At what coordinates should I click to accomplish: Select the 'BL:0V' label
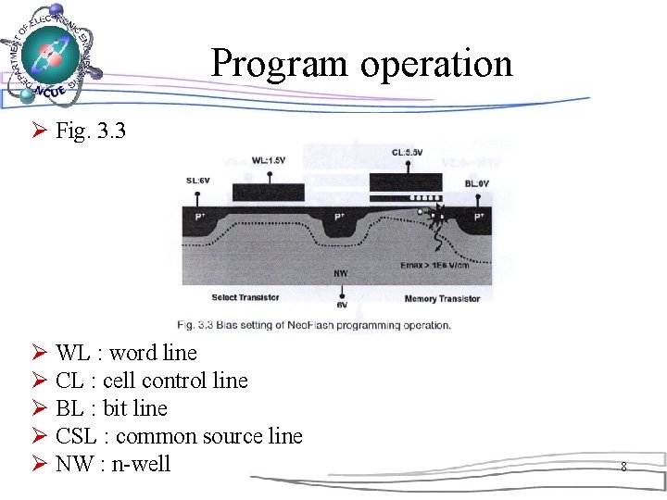pyautogui.click(x=477, y=184)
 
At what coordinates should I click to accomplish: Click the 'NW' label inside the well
pyautogui.click(x=341, y=273)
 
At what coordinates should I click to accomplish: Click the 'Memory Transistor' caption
pyautogui.click(x=442, y=299)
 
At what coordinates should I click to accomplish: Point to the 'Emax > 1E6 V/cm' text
pyautogui.click(x=447, y=264)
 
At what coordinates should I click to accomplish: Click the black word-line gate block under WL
pyautogui.click(x=268, y=193)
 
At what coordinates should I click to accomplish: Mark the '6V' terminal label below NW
pyautogui.click(x=341, y=304)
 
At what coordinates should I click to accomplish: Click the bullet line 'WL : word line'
pyautogui.click(x=126, y=353)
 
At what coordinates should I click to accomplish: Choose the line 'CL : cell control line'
pyautogui.click(x=152, y=381)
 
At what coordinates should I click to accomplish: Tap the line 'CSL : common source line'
pyautogui.click(x=179, y=436)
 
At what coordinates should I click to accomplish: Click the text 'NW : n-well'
pyautogui.click(x=113, y=464)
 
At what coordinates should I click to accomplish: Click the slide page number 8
pyautogui.click(x=623, y=468)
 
